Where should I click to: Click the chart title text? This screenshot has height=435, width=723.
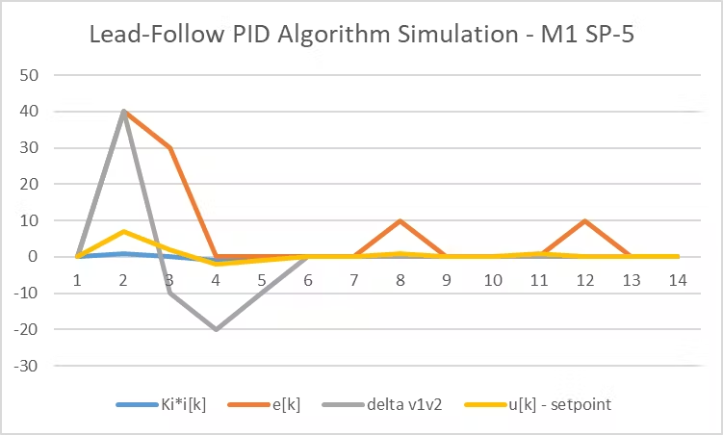click(x=361, y=36)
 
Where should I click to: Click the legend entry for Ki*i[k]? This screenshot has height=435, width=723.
click(x=158, y=404)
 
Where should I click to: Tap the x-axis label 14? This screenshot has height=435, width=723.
click(x=677, y=280)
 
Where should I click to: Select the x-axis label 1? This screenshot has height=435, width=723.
click(x=77, y=280)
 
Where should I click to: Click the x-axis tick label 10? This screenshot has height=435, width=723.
click(x=492, y=280)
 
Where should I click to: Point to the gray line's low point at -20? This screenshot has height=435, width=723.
click(x=216, y=329)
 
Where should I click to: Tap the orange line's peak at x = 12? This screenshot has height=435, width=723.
click(x=584, y=220)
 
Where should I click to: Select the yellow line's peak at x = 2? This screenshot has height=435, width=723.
click(x=123, y=231)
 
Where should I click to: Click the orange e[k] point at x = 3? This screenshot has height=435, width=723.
click(x=169, y=147)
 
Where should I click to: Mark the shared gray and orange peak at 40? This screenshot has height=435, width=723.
click(x=123, y=112)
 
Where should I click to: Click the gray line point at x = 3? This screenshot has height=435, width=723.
click(x=169, y=293)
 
